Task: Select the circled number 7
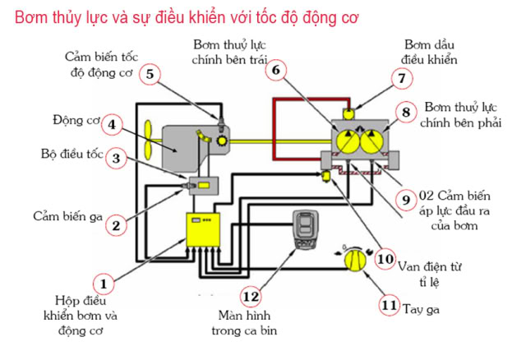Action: (401, 79)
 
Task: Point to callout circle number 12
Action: (251, 296)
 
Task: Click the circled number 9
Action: (404, 198)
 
